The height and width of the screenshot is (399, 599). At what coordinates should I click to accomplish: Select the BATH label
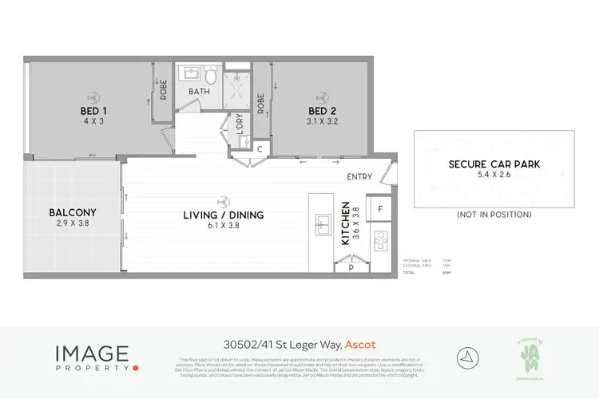click(200, 93)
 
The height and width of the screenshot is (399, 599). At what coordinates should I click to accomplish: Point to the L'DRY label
click(236, 125)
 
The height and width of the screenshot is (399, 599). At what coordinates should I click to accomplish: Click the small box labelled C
click(260, 149)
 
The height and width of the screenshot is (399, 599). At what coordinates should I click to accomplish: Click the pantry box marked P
click(351, 268)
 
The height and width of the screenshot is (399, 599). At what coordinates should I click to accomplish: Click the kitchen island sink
click(323, 226)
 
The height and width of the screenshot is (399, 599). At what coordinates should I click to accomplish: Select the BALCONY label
click(72, 212)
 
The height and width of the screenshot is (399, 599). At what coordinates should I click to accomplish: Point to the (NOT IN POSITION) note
click(494, 215)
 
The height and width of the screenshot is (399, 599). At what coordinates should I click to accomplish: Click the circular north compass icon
click(467, 357)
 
